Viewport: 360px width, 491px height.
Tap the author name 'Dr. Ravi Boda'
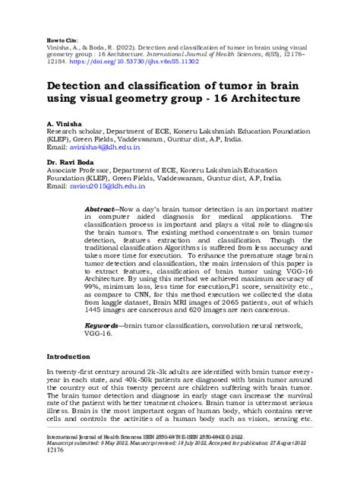pos(70,163)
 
